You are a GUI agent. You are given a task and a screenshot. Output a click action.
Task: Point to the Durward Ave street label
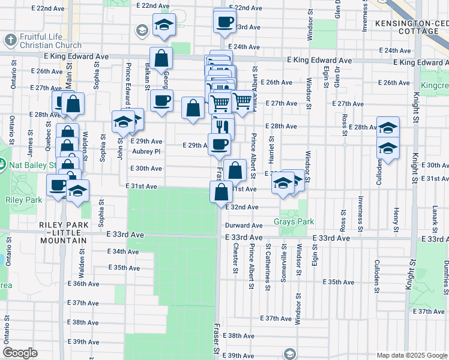pos(244,226)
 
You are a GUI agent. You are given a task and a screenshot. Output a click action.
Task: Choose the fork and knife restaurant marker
pos(223,127)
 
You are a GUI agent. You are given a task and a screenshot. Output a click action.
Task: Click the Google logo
pos(20,353)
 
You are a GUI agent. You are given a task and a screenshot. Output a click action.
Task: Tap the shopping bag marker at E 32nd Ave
pos(221,191)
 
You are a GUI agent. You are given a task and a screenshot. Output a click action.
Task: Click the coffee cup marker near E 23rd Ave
pos(225,22)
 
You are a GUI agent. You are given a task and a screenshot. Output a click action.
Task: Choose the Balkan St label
pos(146,74)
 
